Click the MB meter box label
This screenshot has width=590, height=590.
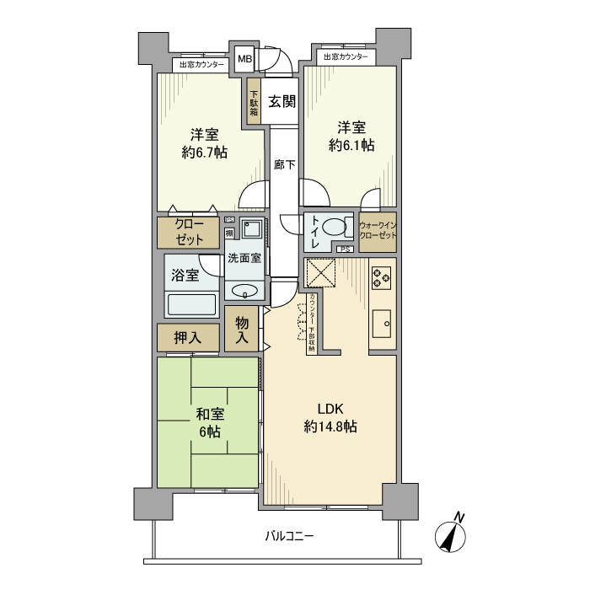coord(244,59)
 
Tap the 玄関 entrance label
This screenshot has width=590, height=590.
coord(282,102)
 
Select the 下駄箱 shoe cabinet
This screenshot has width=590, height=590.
coord(254,102)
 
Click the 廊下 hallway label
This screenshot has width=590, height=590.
coord(284,166)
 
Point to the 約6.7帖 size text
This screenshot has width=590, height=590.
coord(203,153)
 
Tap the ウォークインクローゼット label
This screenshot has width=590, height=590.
coord(378,231)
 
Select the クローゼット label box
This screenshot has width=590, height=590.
coord(188,232)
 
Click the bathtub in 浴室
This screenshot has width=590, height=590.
coord(192,304)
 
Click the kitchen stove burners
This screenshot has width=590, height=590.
coord(382,276)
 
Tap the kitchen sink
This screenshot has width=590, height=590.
coord(382,321)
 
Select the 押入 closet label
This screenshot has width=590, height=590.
coord(187,338)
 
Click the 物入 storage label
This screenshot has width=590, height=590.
coord(242,330)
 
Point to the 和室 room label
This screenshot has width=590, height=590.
coord(209,414)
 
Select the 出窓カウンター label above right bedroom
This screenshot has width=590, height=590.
coord(346,56)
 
